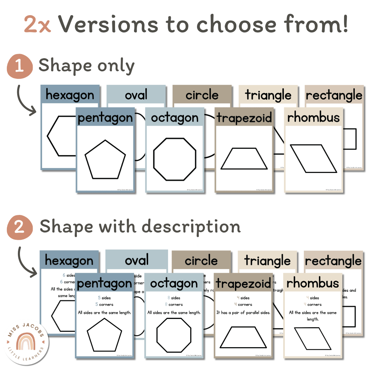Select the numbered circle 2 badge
(20, 227)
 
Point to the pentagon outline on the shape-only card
(105, 159)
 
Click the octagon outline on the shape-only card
(175, 159)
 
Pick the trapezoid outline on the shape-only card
(244, 159)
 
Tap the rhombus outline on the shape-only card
(313, 158)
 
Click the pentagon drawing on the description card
(104, 334)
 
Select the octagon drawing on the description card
(174, 334)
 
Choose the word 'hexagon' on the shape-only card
(70, 95)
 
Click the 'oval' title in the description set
(137, 260)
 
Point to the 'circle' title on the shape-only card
(202, 95)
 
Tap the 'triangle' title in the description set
(267, 261)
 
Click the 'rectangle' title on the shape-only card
(334, 95)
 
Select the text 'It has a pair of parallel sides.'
(243, 313)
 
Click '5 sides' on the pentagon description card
(104, 298)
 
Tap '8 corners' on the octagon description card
(174, 304)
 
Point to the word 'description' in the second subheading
(191, 227)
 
